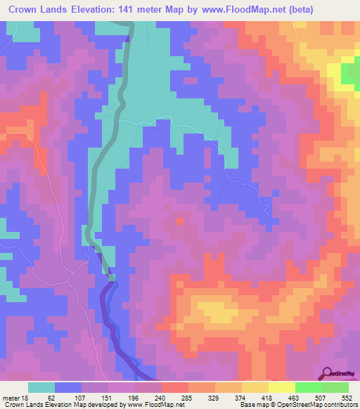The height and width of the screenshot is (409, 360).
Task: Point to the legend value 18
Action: tap(27, 397)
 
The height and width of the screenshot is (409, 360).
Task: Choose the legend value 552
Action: tap(347, 397)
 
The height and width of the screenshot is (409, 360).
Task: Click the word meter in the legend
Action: tap(13, 397)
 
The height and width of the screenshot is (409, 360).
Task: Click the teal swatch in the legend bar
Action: tap(41, 387)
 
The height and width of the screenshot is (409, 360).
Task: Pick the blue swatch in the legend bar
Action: tap(68, 387)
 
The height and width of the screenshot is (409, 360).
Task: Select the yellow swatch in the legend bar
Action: tap(281, 387)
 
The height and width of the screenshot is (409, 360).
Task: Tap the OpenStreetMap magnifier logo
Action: tap(327, 373)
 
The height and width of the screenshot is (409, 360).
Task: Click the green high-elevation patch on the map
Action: tap(350, 73)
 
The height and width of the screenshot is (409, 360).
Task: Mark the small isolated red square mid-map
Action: tap(179, 220)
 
